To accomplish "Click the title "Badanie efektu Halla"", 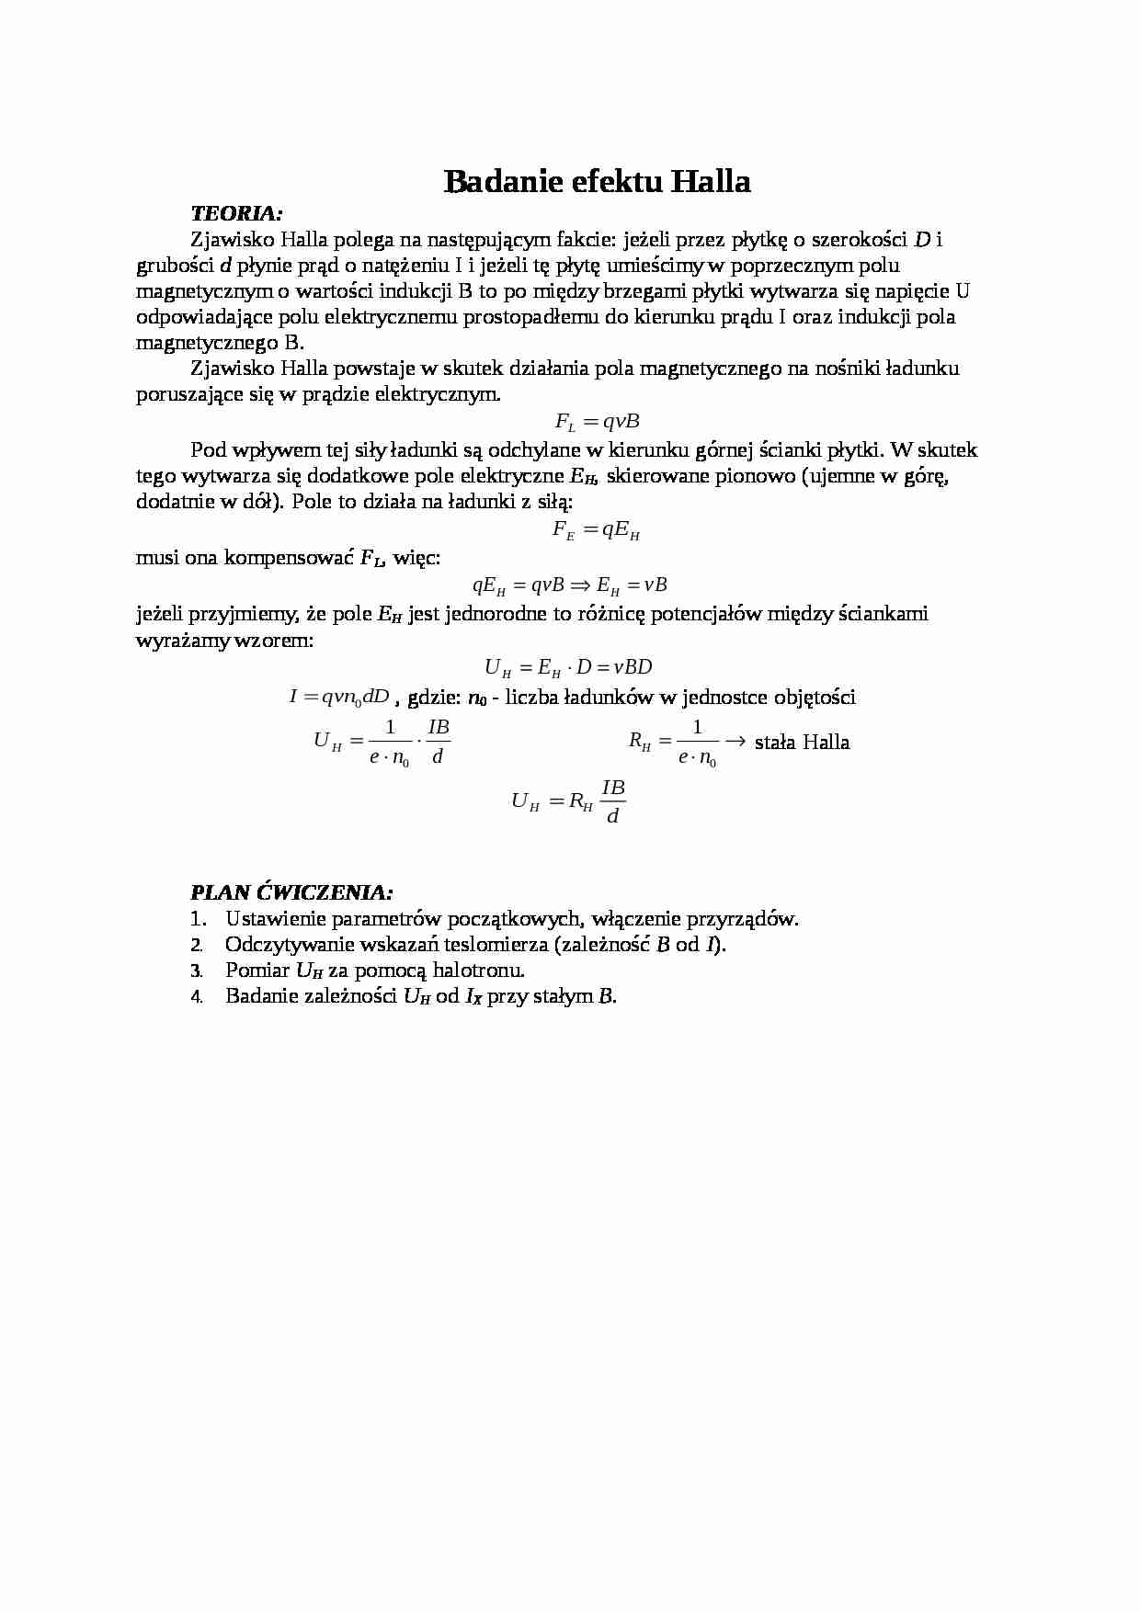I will (x=597, y=181).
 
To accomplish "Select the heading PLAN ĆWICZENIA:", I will (x=291, y=891).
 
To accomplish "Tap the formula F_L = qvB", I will (x=597, y=422).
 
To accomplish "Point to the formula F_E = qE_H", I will (x=596, y=530).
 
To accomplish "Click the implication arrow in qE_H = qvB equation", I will (x=578, y=585).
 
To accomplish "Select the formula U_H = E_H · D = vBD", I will (x=568, y=668).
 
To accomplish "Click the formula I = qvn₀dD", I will (x=339, y=698).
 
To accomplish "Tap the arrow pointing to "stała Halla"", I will (x=734, y=741).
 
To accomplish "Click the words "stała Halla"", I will (x=802, y=742).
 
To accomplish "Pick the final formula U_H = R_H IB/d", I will (x=568, y=800).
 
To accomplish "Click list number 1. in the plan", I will (x=196, y=918).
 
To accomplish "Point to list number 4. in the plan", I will (x=196, y=996).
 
